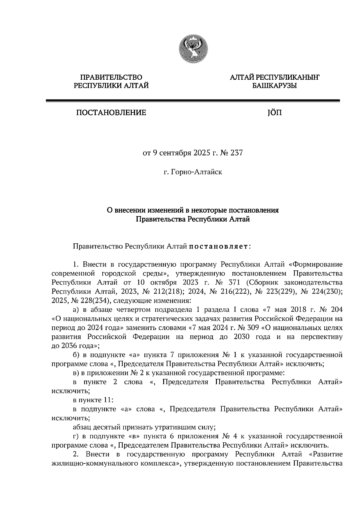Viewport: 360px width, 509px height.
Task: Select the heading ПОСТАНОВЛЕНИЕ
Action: coord(111,113)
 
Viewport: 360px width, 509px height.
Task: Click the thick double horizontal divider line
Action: coord(193,101)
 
